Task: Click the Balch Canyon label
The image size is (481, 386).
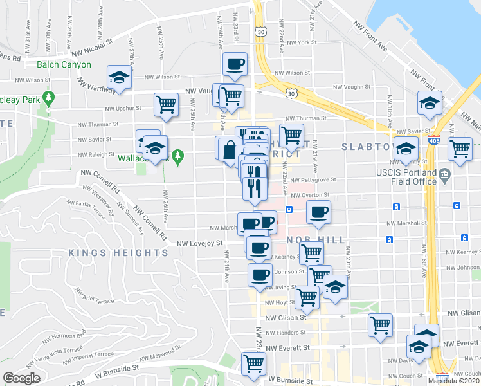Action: pyautogui.click(x=64, y=64)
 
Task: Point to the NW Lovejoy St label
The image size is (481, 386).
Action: pyautogui.click(x=199, y=243)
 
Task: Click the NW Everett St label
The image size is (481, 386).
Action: pyautogui.click(x=287, y=347)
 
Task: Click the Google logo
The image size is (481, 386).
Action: pyautogui.click(x=21, y=378)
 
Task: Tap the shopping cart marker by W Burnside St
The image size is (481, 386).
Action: pyautogui.click(x=253, y=363)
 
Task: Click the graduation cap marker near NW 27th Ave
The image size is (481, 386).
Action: pyautogui.click(x=119, y=77)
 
